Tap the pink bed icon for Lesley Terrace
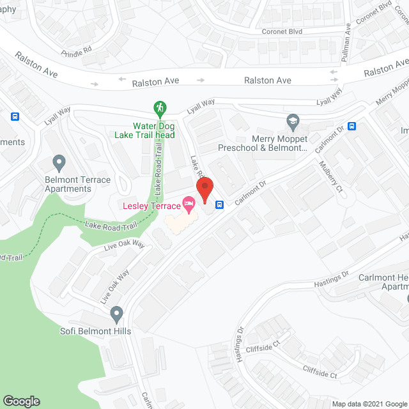pyautogui.click(x=189, y=205)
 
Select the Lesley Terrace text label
pyautogui.click(x=151, y=206)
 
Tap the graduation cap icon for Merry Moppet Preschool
pyautogui.click(x=293, y=121)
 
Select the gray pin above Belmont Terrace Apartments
pyautogui.click(x=59, y=161)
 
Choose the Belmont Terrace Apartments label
pyautogui.click(x=68, y=184)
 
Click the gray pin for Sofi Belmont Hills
pyautogui.click(x=116, y=314)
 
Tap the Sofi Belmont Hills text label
pyautogui.click(x=96, y=331)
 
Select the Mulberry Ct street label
pyautogui.click(x=332, y=176)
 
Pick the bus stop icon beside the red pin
pyautogui.click(x=219, y=204)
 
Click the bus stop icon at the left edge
pyautogui.click(x=15, y=117)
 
